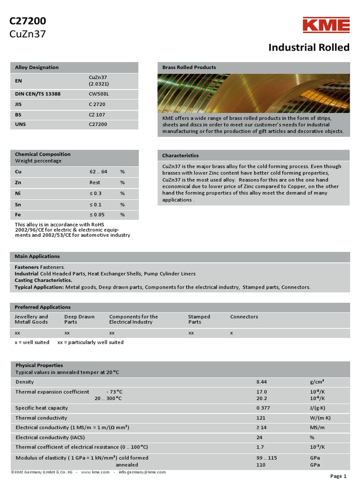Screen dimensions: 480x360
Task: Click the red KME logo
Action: tap(326, 25)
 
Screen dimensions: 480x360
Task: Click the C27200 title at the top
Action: tap(28, 21)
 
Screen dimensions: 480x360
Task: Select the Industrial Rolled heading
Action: tap(309, 47)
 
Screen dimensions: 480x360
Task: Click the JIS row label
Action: tap(19, 104)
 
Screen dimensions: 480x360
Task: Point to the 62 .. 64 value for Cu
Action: tap(98, 172)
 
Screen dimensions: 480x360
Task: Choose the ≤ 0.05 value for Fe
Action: tap(97, 215)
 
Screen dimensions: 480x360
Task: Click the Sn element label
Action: tap(18, 204)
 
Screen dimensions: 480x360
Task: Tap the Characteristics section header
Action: tap(180, 156)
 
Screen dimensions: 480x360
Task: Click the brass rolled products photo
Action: tap(253, 94)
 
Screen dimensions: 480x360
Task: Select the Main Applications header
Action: tap(37, 256)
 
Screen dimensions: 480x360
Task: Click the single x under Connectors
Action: tap(232, 332)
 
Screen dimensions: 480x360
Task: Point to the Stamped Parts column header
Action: tap(199, 319)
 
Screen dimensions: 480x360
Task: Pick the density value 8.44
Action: tap(262, 382)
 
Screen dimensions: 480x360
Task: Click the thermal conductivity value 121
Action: tap(261, 418)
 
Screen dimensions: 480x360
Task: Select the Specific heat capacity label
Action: tap(42, 408)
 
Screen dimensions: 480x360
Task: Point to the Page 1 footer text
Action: tap(338, 476)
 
